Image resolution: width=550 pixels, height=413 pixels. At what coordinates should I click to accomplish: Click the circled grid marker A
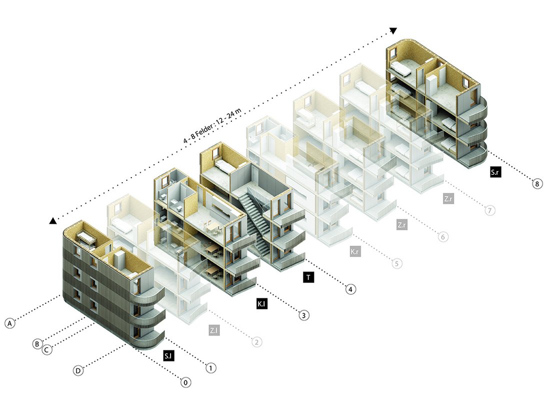coord(10,323)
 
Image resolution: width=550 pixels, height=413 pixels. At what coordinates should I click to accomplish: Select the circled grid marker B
coord(37,344)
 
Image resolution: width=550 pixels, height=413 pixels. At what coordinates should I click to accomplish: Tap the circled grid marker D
coord(78,370)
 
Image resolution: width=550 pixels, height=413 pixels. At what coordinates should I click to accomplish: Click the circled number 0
coord(186,382)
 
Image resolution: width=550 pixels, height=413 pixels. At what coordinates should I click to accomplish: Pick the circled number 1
coord(210,368)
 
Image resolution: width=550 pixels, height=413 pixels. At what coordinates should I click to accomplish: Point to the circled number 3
coord(304,315)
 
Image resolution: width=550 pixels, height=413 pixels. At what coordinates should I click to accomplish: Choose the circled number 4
coord(350,289)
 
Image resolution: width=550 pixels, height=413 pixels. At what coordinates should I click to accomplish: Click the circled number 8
coord(537,183)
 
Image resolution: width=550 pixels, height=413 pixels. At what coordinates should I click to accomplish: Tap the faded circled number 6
coord(443,237)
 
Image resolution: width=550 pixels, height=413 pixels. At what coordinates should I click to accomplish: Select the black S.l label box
coord(168,356)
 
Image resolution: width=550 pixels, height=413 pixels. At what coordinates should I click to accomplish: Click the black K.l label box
coord(261,304)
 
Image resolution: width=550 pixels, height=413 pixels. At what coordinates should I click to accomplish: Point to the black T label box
coord(308,277)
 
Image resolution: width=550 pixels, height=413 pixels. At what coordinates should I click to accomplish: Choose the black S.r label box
coord(495,172)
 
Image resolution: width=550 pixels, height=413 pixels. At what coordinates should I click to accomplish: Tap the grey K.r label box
coord(355,251)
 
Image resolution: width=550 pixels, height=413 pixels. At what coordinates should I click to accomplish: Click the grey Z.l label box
coord(214,330)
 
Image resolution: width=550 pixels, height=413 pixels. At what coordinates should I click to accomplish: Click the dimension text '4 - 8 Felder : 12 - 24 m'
coord(213,125)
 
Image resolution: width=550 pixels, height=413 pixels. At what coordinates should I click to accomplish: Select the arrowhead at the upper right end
coord(393,31)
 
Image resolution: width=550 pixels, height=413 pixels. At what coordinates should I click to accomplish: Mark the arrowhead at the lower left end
coord(52,221)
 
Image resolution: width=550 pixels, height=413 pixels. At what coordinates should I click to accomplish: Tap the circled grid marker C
coord(46,350)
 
